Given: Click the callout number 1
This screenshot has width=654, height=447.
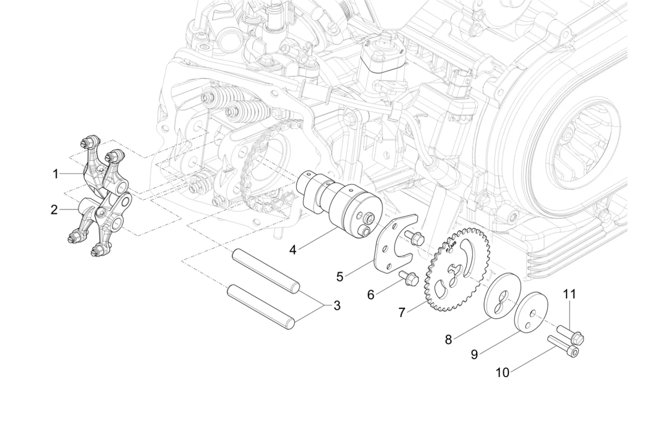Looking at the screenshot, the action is (x=56, y=174).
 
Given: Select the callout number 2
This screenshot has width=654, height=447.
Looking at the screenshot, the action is (x=54, y=209).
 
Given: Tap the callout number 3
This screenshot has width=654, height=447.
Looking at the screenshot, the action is (x=337, y=306).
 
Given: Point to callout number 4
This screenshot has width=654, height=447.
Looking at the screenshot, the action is (x=293, y=249).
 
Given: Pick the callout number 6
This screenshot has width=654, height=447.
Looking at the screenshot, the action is (x=371, y=295).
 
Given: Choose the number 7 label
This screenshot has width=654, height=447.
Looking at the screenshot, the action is (x=402, y=312).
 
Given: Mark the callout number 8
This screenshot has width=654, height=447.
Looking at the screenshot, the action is (x=448, y=339).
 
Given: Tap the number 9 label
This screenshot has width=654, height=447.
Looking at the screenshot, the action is (x=474, y=355).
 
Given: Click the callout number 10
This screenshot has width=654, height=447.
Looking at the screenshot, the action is (x=503, y=372).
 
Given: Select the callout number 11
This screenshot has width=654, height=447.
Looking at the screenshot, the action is (x=570, y=294).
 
